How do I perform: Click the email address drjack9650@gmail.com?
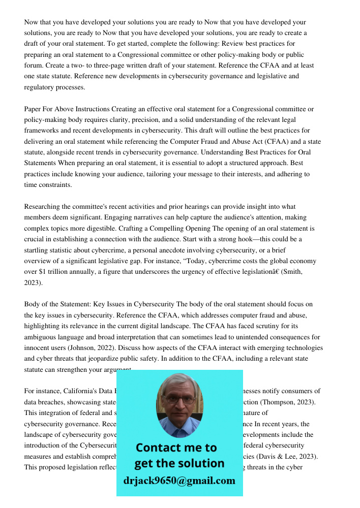(x=179, y=481)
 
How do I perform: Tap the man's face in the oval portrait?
(x=179, y=401)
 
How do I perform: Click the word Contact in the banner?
(x=158, y=448)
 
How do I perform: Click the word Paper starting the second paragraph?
(x=34, y=109)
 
